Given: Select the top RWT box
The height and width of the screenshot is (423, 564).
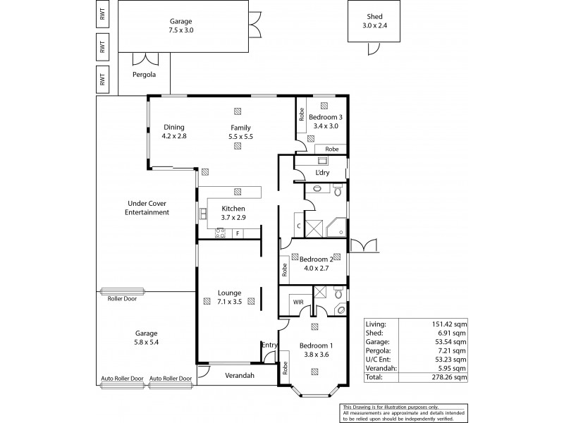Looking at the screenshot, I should click(x=103, y=14).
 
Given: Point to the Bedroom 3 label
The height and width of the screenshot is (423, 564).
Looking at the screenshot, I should click(x=325, y=117).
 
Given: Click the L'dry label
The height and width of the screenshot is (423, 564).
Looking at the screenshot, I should click(x=323, y=173).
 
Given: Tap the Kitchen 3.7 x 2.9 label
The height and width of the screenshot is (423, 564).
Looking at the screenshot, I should click(x=233, y=214).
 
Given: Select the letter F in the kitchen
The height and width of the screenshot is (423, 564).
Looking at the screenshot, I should click(x=238, y=233).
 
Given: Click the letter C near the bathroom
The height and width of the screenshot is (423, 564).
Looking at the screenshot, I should click(x=299, y=226).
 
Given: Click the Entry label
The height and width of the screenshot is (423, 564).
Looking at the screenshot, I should click(x=269, y=345).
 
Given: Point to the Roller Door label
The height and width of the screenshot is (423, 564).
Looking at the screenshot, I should click(x=122, y=298).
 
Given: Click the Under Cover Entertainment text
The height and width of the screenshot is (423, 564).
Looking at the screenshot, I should click(x=147, y=207).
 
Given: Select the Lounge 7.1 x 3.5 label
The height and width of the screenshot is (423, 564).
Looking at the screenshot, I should click(x=230, y=298).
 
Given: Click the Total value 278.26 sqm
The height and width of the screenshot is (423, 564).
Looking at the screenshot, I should click(x=449, y=378).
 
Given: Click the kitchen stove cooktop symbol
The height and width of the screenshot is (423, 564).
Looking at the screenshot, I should click(x=221, y=233).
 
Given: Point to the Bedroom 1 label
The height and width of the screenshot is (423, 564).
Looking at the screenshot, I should click(x=314, y=350).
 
